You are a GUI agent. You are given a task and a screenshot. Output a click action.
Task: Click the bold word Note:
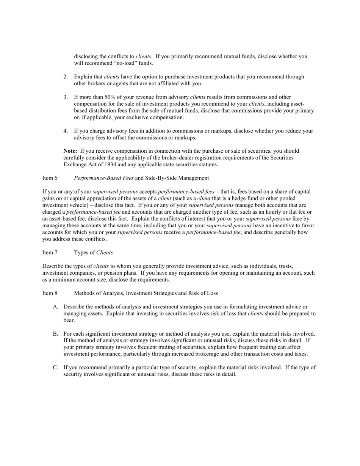pos(70,151)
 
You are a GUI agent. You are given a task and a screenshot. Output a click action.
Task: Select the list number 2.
pos(66,77)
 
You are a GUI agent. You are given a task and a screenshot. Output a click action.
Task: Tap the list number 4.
pos(66,131)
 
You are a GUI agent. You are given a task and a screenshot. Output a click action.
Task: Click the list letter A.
pos(55,307)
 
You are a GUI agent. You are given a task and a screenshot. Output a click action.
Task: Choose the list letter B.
pos(55,334)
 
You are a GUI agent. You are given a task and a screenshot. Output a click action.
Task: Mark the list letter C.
pos(55,367)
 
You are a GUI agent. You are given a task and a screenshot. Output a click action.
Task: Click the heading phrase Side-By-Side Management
pos(177,178)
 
